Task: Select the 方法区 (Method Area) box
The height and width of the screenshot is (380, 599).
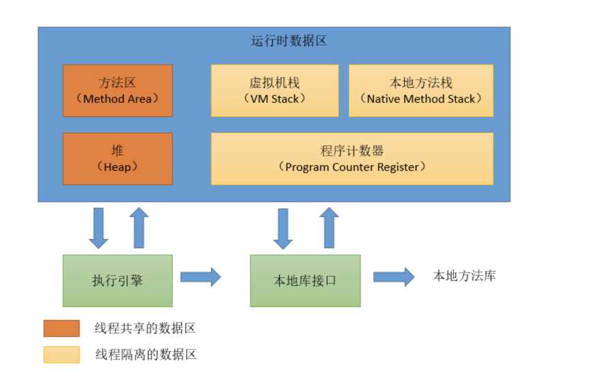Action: [x=117, y=91]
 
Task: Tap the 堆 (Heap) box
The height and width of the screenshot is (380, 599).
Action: [x=117, y=159]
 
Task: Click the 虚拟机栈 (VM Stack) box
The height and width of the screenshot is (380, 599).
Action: [x=274, y=91]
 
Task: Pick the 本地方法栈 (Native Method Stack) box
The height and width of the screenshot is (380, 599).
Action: [x=420, y=91]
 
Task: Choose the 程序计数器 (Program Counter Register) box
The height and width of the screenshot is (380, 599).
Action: [x=352, y=159]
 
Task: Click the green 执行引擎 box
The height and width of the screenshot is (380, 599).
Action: [x=117, y=281]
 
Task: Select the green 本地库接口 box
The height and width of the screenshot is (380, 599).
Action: [x=305, y=281]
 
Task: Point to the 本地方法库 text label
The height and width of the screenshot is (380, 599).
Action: [x=464, y=276]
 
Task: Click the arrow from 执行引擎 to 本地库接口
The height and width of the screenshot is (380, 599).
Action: [x=201, y=276]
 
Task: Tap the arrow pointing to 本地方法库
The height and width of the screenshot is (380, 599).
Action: [x=394, y=276]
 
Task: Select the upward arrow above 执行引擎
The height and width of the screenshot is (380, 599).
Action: [x=139, y=228]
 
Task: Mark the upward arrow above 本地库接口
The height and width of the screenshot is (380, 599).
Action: [x=329, y=228]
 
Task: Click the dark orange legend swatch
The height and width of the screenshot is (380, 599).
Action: [x=61, y=328]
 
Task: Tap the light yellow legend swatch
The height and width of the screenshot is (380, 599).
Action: [x=61, y=354]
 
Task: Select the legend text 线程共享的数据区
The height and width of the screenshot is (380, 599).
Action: [x=145, y=328]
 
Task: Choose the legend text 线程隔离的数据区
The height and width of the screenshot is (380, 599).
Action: [x=145, y=354]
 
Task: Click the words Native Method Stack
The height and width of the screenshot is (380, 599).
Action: [x=420, y=99]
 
